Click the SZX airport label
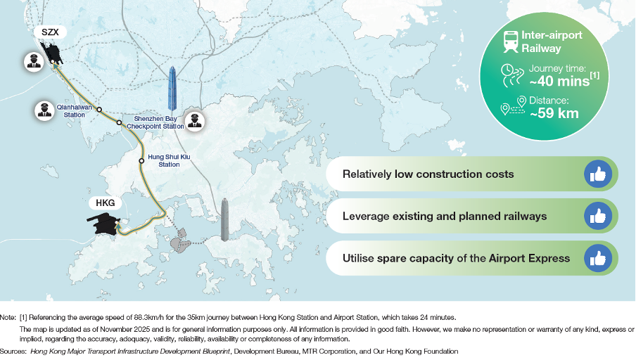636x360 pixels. point(50,32)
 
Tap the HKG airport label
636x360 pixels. point(105,203)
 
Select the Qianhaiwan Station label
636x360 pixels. point(75,111)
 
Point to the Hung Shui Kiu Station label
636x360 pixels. point(169,160)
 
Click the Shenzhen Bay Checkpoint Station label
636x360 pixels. point(155,122)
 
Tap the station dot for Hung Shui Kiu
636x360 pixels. point(141,161)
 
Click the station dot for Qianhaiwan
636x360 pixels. point(99,110)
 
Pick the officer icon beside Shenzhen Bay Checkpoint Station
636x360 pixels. point(195,120)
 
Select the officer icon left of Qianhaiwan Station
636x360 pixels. point(44,110)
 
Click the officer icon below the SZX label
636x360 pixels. point(34,62)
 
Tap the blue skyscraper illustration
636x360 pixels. point(172,89)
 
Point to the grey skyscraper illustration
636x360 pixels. point(224,220)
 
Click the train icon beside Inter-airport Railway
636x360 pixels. point(511,41)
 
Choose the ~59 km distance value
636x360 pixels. point(554,113)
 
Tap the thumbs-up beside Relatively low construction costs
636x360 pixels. point(598,174)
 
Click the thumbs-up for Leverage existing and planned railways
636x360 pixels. point(598,216)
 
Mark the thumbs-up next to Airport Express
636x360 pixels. point(598,258)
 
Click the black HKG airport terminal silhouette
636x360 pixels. point(103,223)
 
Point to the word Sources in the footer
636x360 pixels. point(13,352)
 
